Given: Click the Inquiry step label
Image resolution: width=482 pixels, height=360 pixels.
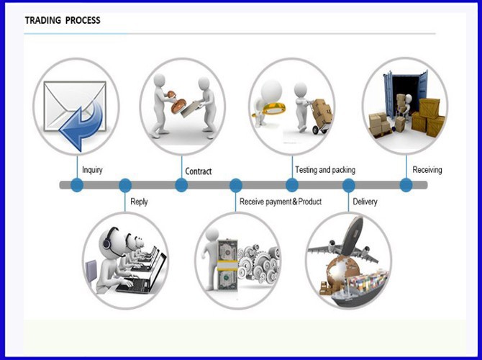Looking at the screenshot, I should [92, 170].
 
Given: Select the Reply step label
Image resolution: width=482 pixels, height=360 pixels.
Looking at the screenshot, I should [139, 202].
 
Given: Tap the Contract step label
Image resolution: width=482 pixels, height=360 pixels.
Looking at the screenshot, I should [199, 171].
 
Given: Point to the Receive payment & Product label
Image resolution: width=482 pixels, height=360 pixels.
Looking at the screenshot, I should [281, 202].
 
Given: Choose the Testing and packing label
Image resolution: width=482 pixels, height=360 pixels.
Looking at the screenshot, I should [325, 170].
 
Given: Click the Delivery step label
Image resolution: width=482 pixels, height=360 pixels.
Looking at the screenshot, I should [365, 202].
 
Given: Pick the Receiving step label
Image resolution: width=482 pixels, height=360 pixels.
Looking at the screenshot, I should [427, 170].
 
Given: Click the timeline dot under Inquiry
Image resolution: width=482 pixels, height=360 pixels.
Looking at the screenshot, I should [77, 185].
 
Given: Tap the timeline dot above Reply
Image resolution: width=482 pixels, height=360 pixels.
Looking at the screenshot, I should [125, 185].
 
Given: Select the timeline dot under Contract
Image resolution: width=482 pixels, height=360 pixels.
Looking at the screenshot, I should [181, 185].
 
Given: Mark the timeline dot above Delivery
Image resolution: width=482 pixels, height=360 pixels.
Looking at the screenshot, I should [349, 185].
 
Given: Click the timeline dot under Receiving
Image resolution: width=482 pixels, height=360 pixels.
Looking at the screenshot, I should [406, 185].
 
